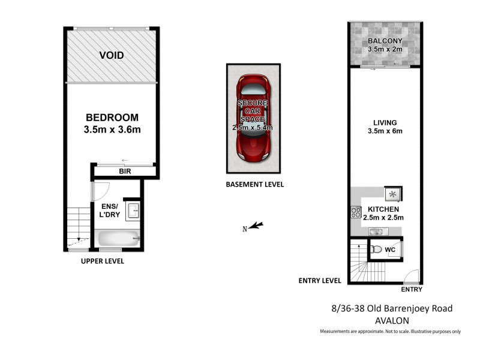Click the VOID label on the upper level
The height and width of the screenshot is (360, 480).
coord(112,55)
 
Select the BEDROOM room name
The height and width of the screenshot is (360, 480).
coord(112,117)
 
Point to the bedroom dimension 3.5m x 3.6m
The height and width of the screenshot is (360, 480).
coord(112,129)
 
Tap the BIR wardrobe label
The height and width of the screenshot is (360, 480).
coord(125,172)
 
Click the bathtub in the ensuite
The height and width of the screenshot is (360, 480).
coord(118,238)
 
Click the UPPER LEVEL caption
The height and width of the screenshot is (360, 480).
coord(103,261)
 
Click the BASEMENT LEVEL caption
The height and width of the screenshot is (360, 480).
coord(254,185)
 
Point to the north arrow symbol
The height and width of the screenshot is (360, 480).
coord(256,226)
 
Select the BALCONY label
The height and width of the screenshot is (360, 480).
coord(385,41)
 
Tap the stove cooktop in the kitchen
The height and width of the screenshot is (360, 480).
coord(354,211)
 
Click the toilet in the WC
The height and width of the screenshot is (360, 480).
coord(376,248)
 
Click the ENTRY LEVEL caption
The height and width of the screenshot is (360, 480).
coord(320,280)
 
